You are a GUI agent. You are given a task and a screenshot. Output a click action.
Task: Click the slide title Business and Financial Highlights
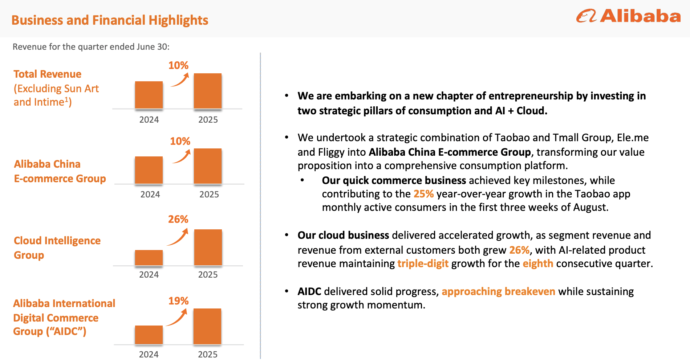[x=110, y=20]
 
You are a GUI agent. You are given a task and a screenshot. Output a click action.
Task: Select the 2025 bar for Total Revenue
[x=207, y=91]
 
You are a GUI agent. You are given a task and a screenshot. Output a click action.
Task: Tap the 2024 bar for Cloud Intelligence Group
[x=149, y=258]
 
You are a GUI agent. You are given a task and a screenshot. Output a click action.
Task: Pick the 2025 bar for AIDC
[x=207, y=326]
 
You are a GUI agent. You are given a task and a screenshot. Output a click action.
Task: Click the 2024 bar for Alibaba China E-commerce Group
[x=149, y=170]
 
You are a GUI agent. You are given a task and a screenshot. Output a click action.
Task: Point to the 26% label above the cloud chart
[x=178, y=219]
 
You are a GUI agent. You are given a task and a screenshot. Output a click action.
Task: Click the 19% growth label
[x=178, y=301]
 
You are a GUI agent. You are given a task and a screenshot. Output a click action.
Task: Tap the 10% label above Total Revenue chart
[x=178, y=65]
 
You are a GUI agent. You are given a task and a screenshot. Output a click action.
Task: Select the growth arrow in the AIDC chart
[x=177, y=318]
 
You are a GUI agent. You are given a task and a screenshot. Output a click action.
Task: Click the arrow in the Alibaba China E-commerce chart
[x=182, y=156]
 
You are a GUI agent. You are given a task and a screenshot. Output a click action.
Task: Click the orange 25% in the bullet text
[x=423, y=194]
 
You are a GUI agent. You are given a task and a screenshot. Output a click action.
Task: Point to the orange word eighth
[x=537, y=263]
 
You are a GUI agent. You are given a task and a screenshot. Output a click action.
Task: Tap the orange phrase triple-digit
[x=423, y=263]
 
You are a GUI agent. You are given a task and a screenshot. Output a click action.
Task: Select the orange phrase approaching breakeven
[x=498, y=291]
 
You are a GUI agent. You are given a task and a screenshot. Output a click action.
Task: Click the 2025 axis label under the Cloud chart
[x=208, y=275]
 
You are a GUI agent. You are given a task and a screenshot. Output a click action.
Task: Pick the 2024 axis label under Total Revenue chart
[x=149, y=120]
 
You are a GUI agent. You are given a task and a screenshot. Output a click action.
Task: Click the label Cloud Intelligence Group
[x=57, y=247]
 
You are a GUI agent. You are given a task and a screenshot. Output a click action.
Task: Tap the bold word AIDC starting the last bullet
[x=309, y=291]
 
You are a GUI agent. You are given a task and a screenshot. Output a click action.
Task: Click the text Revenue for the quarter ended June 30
[x=91, y=47]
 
